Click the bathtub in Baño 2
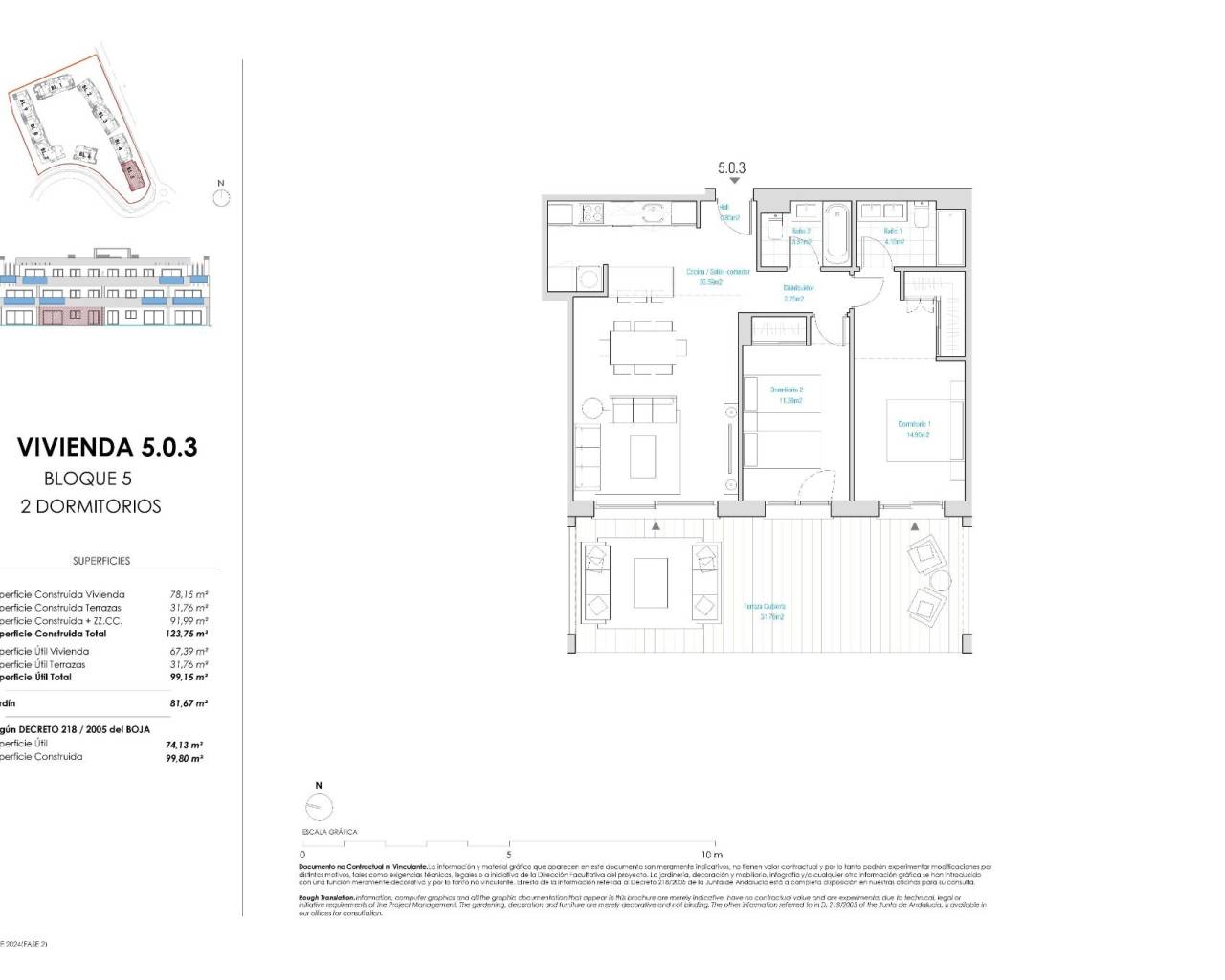coord(835,234)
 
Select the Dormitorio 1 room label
coord(914,429)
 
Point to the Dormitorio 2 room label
coord(787,394)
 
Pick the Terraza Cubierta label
coord(765,611)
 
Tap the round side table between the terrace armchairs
coord(941,580)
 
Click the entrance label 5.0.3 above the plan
coord(731,168)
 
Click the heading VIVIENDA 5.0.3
coord(107,447)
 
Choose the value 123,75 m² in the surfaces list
coord(187,634)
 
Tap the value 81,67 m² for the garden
coord(189,703)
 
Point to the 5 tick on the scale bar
coord(509,855)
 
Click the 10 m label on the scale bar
coord(711,855)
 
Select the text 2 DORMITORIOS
coord(91,506)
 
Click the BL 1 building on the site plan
coord(58,89)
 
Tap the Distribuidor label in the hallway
coord(798,293)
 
